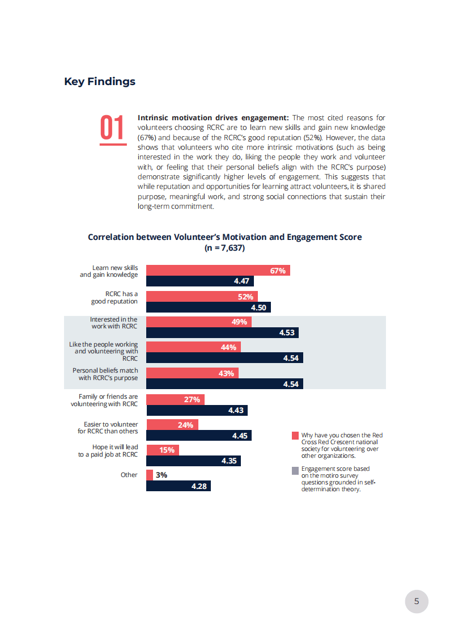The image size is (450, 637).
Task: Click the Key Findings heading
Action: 100,82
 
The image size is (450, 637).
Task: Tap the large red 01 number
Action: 112,128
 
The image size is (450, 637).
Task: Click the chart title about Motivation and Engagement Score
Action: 225,242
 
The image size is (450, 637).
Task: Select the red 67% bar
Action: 218,271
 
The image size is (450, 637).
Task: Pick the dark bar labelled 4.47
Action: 199,281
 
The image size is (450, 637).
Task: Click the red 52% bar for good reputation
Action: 202,297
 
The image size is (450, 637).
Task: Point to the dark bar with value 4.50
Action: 208,307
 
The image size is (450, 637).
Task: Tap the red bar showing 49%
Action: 199,322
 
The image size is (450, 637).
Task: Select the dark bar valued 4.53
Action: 222,333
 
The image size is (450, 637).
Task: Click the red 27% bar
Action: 175,399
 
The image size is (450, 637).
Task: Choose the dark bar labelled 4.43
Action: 197,410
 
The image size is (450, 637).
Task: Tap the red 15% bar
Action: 163,450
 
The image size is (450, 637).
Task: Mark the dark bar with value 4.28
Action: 179,486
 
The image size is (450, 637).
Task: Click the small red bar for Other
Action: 150,475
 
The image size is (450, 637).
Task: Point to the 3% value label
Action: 162,475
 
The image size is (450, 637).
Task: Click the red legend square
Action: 295,436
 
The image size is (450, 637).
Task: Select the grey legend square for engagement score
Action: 295,471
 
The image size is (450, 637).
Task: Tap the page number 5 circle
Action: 417,601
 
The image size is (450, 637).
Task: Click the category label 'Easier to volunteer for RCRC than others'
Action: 108,428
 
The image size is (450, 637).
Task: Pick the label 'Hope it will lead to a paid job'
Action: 108,450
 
